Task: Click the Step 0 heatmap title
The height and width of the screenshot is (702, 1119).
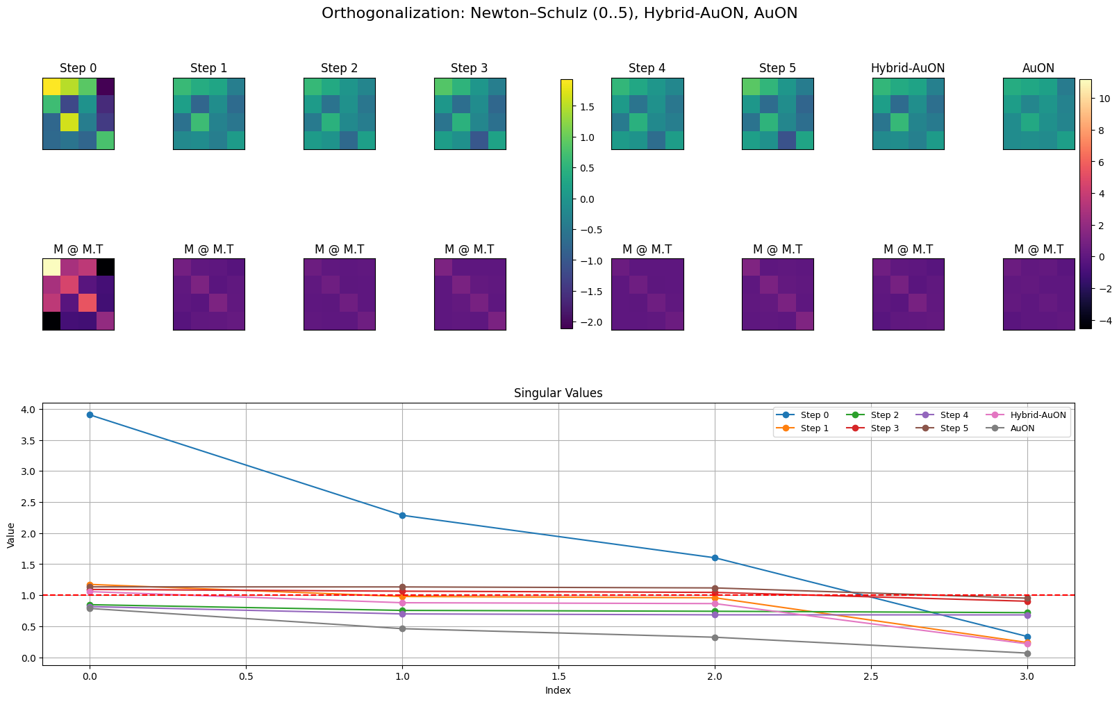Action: pyautogui.click(x=78, y=68)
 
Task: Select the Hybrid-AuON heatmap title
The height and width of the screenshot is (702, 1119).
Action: pyautogui.click(x=908, y=68)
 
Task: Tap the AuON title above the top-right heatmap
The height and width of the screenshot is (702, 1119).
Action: pyautogui.click(x=1038, y=68)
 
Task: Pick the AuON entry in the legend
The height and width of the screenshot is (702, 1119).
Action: pyautogui.click(x=1022, y=428)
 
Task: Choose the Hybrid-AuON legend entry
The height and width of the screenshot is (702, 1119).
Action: pyautogui.click(x=1038, y=415)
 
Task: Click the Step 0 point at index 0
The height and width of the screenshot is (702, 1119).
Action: pyautogui.click(x=89, y=415)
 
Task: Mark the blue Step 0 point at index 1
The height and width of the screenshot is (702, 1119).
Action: pyautogui.click(x=402, y=515)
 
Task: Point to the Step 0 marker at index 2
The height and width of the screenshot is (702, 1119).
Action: pyautogui.click(x=715, y=558)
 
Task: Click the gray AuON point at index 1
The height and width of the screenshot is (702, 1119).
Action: pyautogui.click(x=402, y=628)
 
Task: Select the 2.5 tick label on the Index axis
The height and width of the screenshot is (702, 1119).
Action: pyautogui.click(x=871, y=676)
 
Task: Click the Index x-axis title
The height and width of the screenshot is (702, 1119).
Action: pyautogui.click(x=558, y=690)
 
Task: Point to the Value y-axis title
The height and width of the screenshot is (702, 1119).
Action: pyautogui.click(x=11, y=534)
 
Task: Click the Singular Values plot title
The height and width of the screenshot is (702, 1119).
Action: pyautogui.click(x=558, y=393)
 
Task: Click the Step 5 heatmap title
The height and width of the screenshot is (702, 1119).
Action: pyautogui.click(x=777, y=68)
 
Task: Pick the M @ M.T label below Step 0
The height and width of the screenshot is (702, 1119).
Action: pyautogui.click(x=78, y=249)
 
